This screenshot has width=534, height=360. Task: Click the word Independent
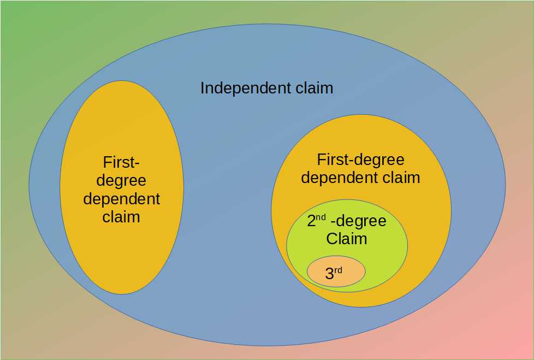[239, 88]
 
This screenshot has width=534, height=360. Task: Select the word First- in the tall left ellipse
[121, 162]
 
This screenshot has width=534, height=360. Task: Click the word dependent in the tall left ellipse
[121, 199]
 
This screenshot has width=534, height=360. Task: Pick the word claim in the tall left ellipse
[121, 217]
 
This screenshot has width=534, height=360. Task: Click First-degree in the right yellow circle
[360, 160]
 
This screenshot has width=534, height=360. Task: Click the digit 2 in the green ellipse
[312, 221]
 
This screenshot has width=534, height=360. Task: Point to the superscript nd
[322, 217]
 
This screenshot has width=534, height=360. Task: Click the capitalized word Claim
[346, 239]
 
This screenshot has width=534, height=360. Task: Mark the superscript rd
[338, 270]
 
